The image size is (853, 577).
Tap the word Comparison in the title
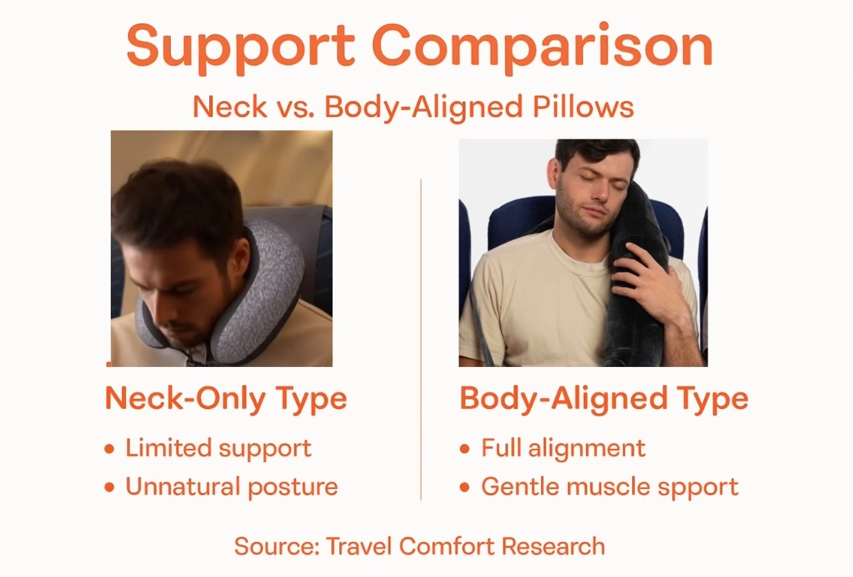(x=543, y=46)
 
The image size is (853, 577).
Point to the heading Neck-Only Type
(x=226, y=399)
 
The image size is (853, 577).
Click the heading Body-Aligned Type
(x=604, y=399)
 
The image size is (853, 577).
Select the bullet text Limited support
(x=218, y=448)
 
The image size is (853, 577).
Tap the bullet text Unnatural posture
(x=231, y=487)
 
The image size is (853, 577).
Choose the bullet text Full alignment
(x=563, y=448)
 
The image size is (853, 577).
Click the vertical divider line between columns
(x=421, y=337)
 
